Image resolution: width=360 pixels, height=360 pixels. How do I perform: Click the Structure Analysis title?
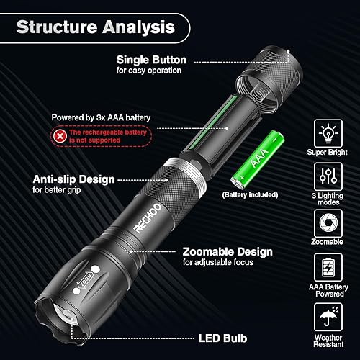click(x=95, y=28)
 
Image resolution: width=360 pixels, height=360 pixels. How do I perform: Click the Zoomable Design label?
click(x=228, y=251)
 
